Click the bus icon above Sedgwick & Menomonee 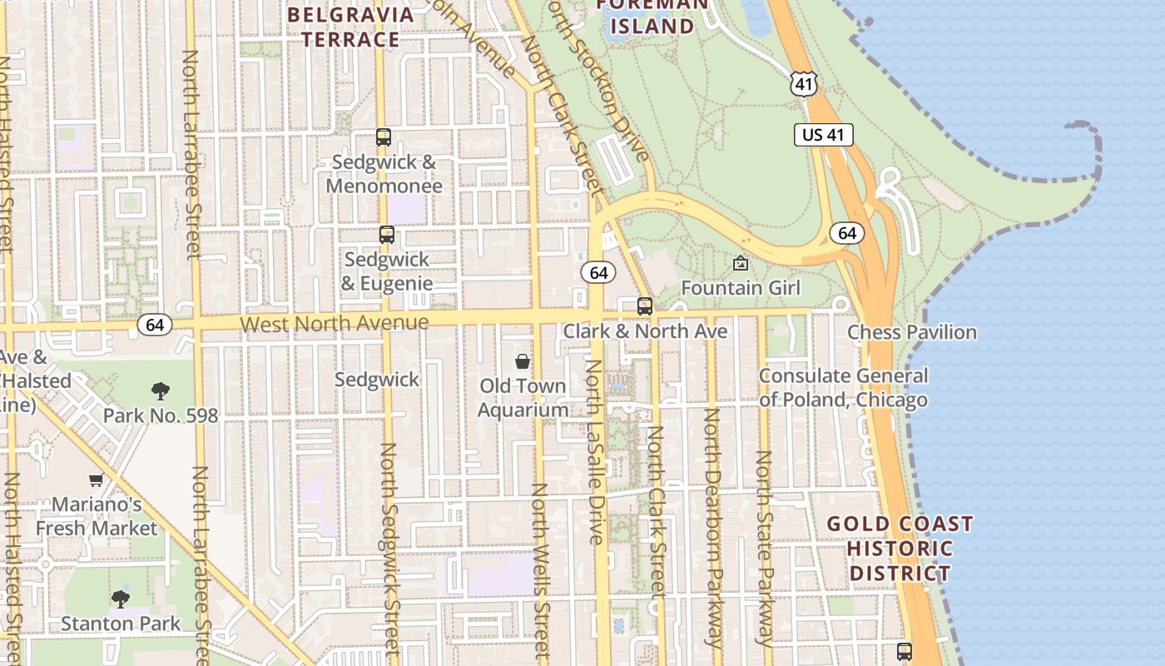tap(384, 138)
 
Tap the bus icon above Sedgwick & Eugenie tap(387, 235)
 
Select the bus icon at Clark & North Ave tap(645, 306)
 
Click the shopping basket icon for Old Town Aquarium tap(523, 361)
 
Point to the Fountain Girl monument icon tap(741, 264)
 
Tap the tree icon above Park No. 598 tap(161, 390)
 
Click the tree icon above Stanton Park tap(121, 599)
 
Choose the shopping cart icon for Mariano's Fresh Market tap(97, 480)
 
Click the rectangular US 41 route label tap(824, 135)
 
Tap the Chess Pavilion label tap(912, 332)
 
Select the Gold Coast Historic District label tap(900, 549)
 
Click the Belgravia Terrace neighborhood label tap(350, 27)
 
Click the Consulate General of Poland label tap(843, 388)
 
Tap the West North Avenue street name tap(335, 323)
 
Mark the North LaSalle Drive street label tap(594, 451)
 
